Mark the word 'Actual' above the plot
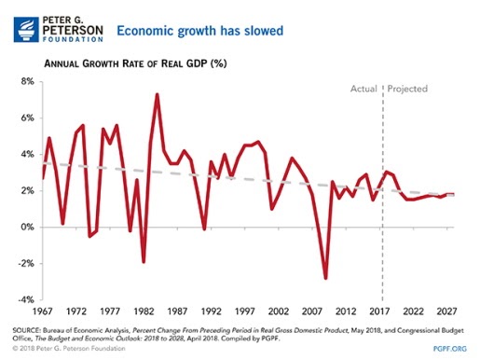pos(363,90)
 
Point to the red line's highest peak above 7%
pos(157,94)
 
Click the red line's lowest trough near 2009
pos(326,278)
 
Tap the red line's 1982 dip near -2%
pos(144,262)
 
